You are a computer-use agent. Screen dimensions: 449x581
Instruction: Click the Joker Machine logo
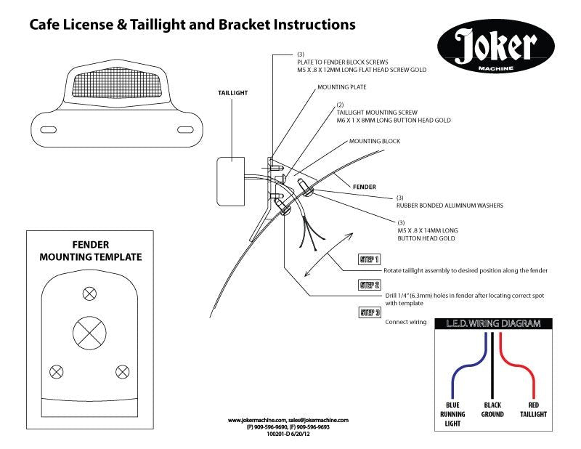(496, 48)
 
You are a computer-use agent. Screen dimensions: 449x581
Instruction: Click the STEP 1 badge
(370, 259)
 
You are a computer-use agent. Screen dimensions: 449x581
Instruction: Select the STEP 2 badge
(370, 286)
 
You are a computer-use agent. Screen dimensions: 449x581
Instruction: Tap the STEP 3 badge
(370, 313)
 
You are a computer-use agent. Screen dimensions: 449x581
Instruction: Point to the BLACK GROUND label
(493, 409)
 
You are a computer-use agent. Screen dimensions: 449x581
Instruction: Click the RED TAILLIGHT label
(532, 409)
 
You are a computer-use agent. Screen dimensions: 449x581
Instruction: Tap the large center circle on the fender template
(89, 334)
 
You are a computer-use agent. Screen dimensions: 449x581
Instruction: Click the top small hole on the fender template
(89, 294)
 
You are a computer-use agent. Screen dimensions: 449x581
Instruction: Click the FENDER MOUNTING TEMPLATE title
(91, 251)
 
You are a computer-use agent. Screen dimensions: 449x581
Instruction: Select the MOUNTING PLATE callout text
(341, 87)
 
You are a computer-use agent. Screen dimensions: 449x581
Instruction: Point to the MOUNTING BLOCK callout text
(374, 141)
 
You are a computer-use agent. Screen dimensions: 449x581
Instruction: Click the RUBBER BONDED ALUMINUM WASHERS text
(450, 206)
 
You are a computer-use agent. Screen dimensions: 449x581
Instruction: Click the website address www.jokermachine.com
(257, 420)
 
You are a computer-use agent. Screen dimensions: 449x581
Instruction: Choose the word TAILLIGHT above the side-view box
(233, 94)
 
